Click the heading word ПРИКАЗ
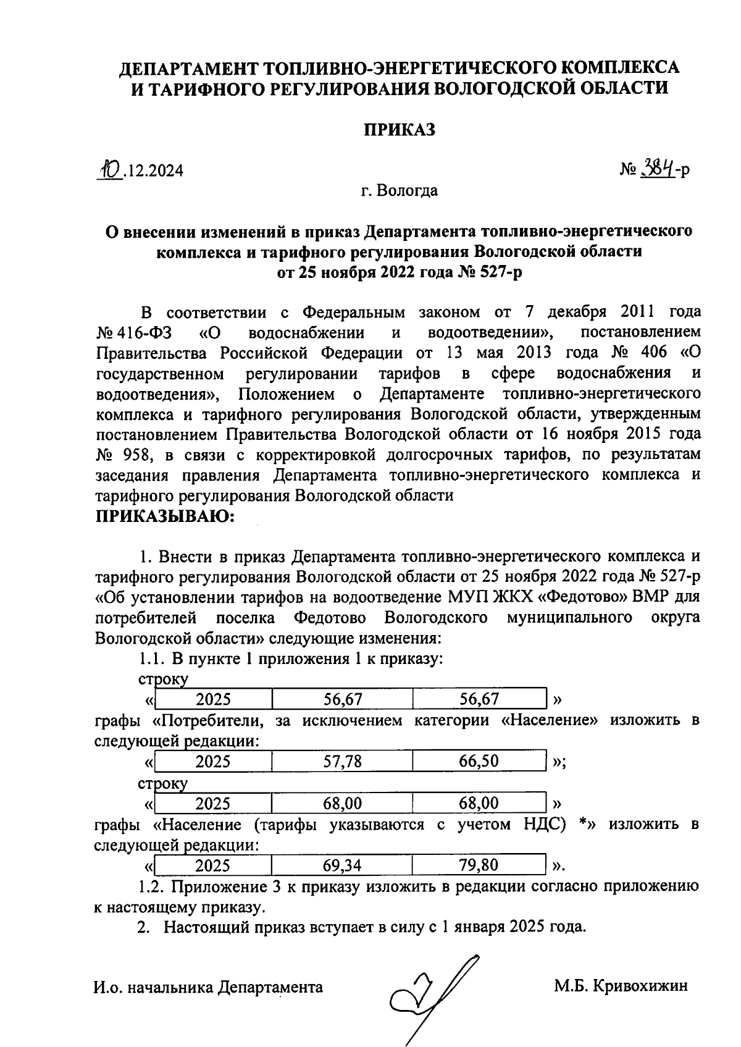(399, 130)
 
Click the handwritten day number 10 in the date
(112, 168)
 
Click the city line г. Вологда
(399, 190)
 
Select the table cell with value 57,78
(343, 761)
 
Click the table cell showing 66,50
(479, 761)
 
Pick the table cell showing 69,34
(343, 865)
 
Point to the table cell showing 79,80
(479, 865)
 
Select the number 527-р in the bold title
(496, 271)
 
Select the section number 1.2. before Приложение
(152, 887)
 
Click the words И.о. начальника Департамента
(208, 986)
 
